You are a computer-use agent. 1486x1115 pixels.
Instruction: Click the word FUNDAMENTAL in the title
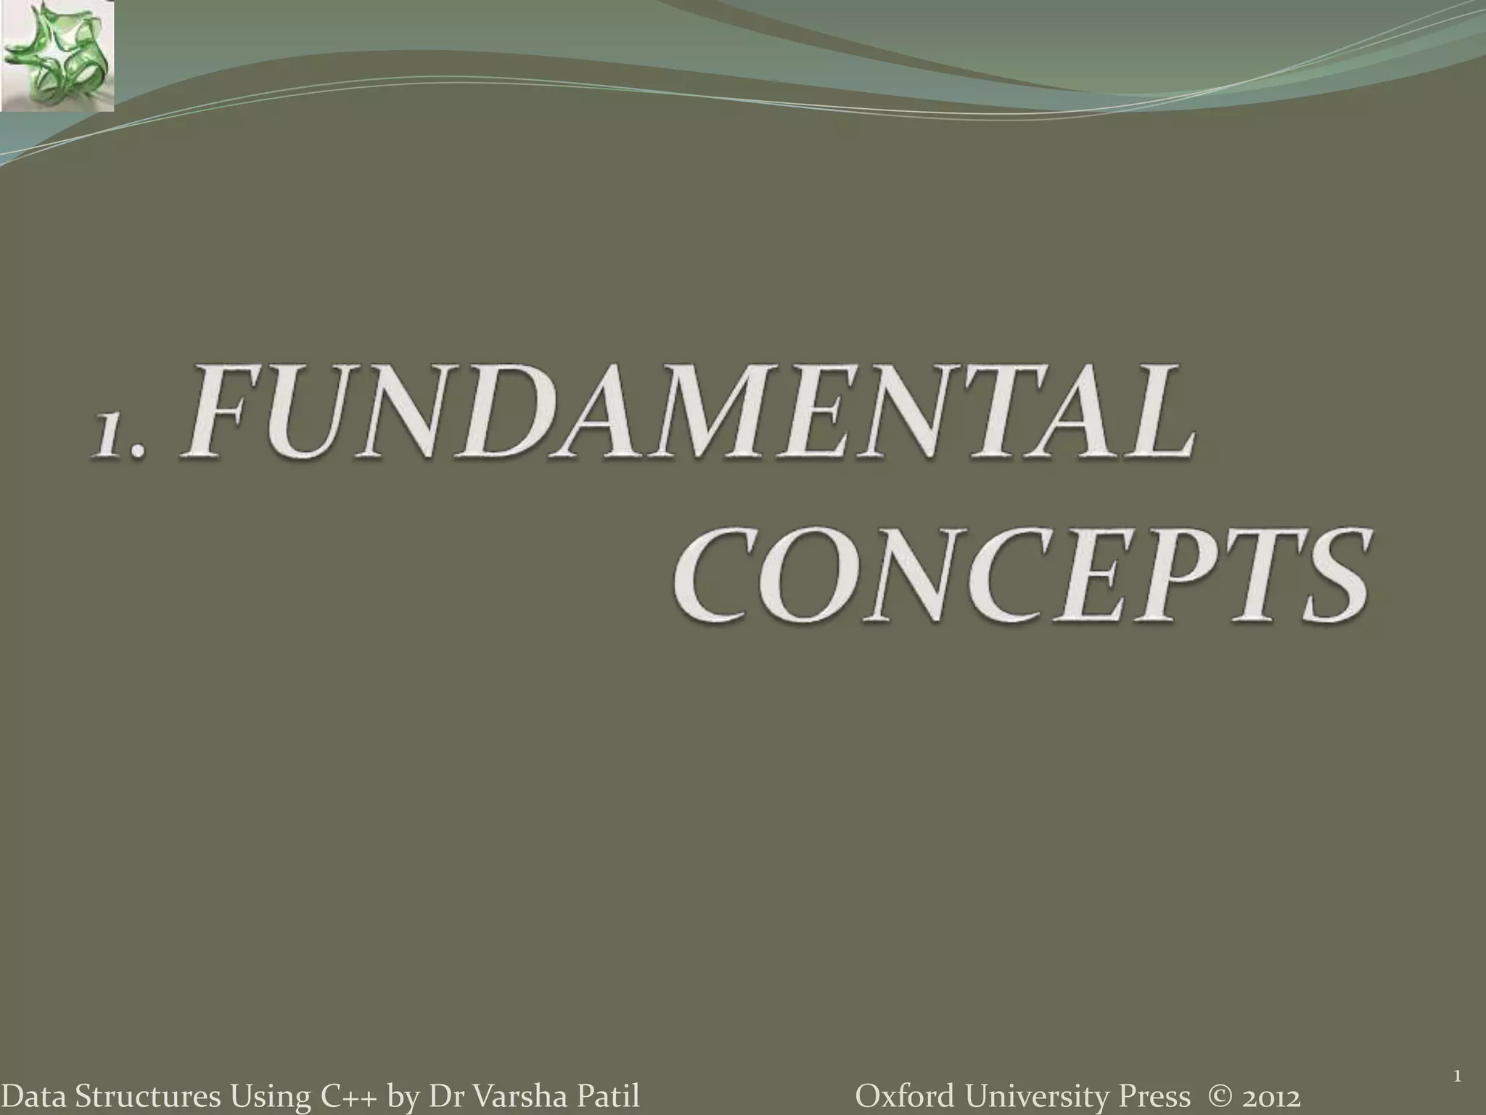689,412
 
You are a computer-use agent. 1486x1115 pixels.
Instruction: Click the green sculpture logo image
57,57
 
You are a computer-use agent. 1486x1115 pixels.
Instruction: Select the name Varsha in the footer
516,1096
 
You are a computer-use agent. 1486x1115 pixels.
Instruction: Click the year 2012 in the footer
1271,1096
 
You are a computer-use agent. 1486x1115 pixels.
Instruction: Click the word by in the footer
403,1097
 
